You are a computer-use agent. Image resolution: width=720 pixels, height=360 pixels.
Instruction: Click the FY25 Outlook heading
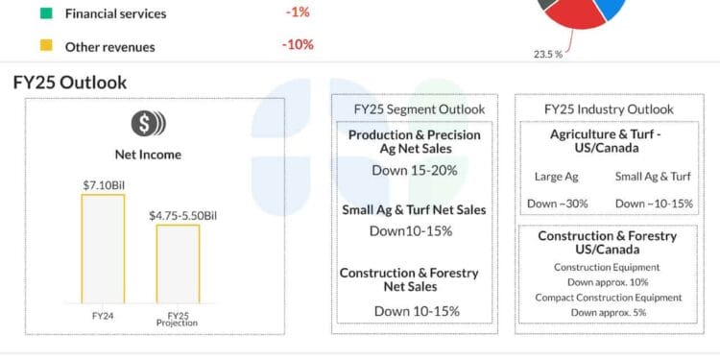[x=70, y=83]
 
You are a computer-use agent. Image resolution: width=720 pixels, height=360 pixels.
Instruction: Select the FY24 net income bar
[x=103, y=249]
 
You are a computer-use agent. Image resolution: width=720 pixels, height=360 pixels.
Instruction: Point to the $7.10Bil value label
[x=103, y=183]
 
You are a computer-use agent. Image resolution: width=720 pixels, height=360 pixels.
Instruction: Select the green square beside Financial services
[x=45, y=13]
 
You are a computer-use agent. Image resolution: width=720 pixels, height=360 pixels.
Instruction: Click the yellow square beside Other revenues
[x=45, y=45]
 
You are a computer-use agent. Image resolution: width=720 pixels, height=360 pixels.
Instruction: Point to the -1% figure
[x=297, y=13]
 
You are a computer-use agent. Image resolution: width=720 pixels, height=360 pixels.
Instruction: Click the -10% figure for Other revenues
[x=298, y=45]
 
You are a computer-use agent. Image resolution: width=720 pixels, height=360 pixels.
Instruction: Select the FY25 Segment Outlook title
[x=414, y=109]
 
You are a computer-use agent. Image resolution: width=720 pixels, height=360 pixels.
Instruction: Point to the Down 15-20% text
[x=414, y=170]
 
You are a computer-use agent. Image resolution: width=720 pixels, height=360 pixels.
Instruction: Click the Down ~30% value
[x=557, y=204]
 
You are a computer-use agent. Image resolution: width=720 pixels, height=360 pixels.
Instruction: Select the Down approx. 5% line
[x=608, y=312]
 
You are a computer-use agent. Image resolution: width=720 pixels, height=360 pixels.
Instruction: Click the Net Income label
[x=148, y=155]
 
